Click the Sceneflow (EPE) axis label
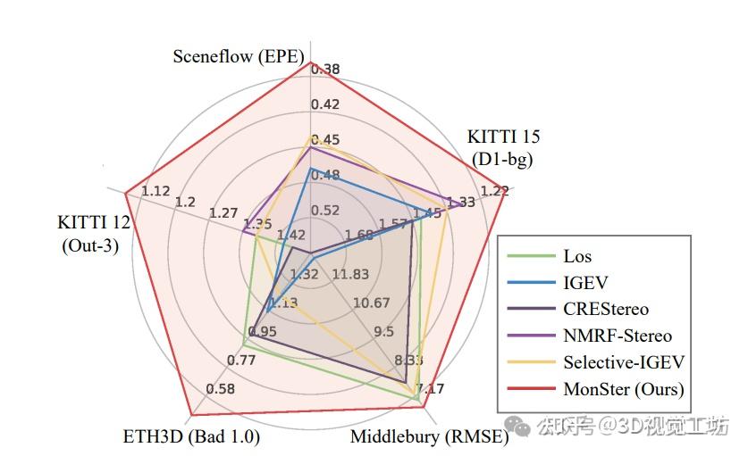(x=239, y=57)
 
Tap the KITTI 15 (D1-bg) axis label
(x=503, y=148)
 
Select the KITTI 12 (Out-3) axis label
(x=94, y=233)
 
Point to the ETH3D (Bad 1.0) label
(x=190, y=437)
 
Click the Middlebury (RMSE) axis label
(x=429, y=437)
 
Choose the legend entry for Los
(x=577, y=256)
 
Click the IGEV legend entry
(x=585, y=283)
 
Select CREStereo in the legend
(x=606, y=310)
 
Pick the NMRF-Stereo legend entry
(x=617, y=336)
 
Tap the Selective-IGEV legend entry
(x=623, y=363)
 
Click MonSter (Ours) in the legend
(x=623, y=390)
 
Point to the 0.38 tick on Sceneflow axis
(x=325, y=70)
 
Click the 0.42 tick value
(x=325, y=104)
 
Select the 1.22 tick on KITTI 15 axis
(x=494, y=190)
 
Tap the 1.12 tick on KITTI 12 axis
(x=155, y=191)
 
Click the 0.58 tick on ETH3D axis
(x=221, y=389)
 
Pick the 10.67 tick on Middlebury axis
(x=371, y=303)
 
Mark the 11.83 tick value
(x=349, y=274)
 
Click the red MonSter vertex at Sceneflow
(x=308, y=62)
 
